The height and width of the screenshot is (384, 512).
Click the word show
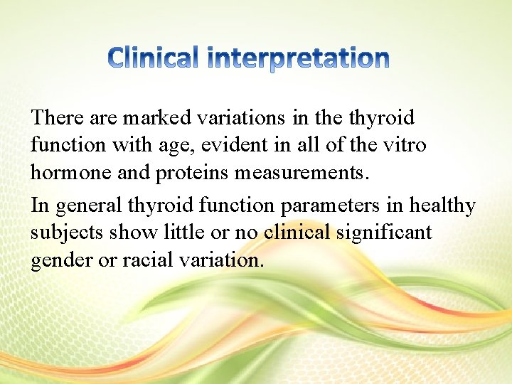click(126, 233)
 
